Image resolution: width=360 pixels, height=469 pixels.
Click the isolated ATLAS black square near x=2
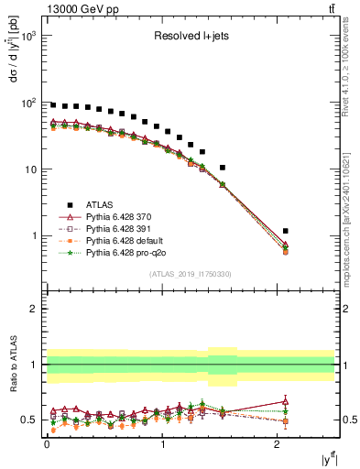286,231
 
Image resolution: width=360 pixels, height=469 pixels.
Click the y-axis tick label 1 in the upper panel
35,236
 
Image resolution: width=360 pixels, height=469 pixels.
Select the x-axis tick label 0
47,442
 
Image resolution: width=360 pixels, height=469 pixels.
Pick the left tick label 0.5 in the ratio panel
31,420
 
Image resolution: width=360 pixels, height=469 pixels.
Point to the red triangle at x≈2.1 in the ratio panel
286,400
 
